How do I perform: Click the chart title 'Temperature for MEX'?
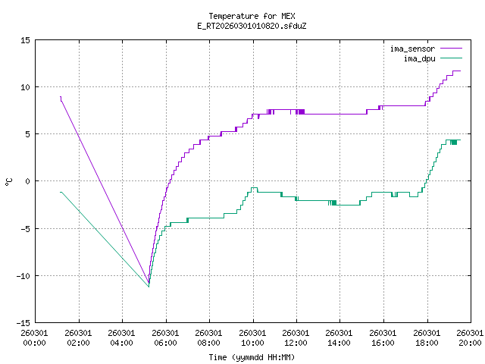(x=251, y=15)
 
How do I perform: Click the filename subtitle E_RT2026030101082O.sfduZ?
(x=251, y=26)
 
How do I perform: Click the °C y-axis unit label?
(x=8, y=180)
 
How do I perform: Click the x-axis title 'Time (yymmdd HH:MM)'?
(x=251, y=356)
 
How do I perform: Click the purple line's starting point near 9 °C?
(x=60, y=96)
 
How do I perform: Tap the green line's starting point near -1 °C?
(x=60, y=192)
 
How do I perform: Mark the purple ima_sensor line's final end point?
(x=460, y=71)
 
